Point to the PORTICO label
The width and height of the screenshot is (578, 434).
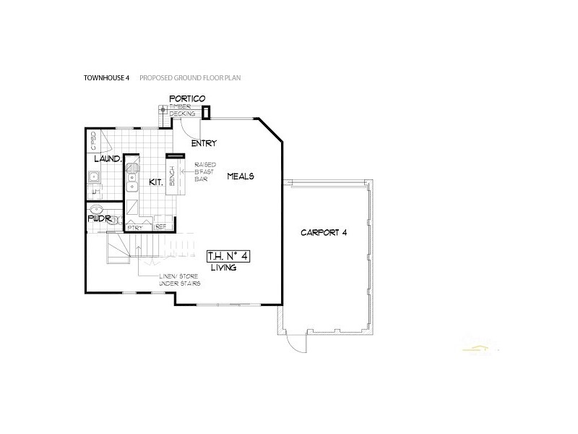[188, 98]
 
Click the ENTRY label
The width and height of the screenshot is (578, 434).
[204, 143]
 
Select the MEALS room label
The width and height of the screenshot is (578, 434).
[241, 176]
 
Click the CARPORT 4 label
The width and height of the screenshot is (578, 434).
[324, 233]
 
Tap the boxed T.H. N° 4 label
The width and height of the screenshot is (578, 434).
[228, 256]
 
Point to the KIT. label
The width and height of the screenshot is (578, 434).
[155, 182]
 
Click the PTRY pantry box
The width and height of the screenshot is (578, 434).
[135, 227]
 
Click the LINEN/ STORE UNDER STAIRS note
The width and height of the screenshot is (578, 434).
[180, 280]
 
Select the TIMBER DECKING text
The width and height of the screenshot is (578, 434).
[181, 110]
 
